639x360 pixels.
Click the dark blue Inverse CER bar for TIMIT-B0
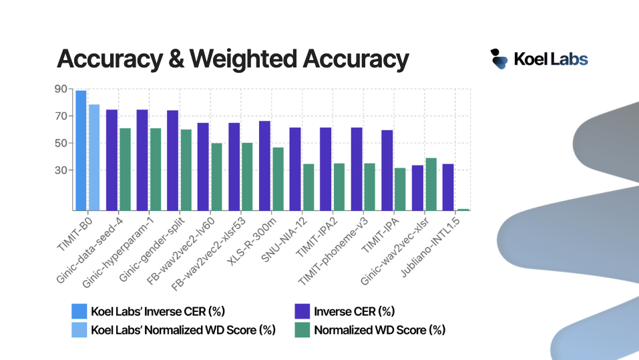(x=81, y=150)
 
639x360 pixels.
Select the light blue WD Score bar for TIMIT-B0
(x=94, y=158)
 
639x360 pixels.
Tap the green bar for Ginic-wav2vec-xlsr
(x=431, y=184)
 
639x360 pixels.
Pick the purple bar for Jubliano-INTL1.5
(x=448, y=187)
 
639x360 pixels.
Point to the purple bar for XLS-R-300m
(x=264, y=166)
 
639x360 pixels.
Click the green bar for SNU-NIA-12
(x=308, y=187)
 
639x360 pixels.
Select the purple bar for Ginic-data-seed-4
(x=112, y=160)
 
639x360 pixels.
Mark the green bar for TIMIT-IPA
(x=400, y=189)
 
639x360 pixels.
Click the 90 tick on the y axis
(x=61, y=89)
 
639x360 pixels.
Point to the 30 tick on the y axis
(x=61, y=170)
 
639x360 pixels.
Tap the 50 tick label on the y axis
(x=61, y=143)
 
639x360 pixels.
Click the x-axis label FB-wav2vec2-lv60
(x=180, y=251)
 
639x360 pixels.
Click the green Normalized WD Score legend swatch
(x=302, y=330)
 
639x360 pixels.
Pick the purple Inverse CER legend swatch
(x=302, y=311)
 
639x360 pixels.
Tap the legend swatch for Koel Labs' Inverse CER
(x=79, y=311)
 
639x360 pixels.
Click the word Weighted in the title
(x=243, y=59)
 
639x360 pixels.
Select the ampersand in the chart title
(x=176, y=59)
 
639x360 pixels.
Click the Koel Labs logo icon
(x=499, y=59)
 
